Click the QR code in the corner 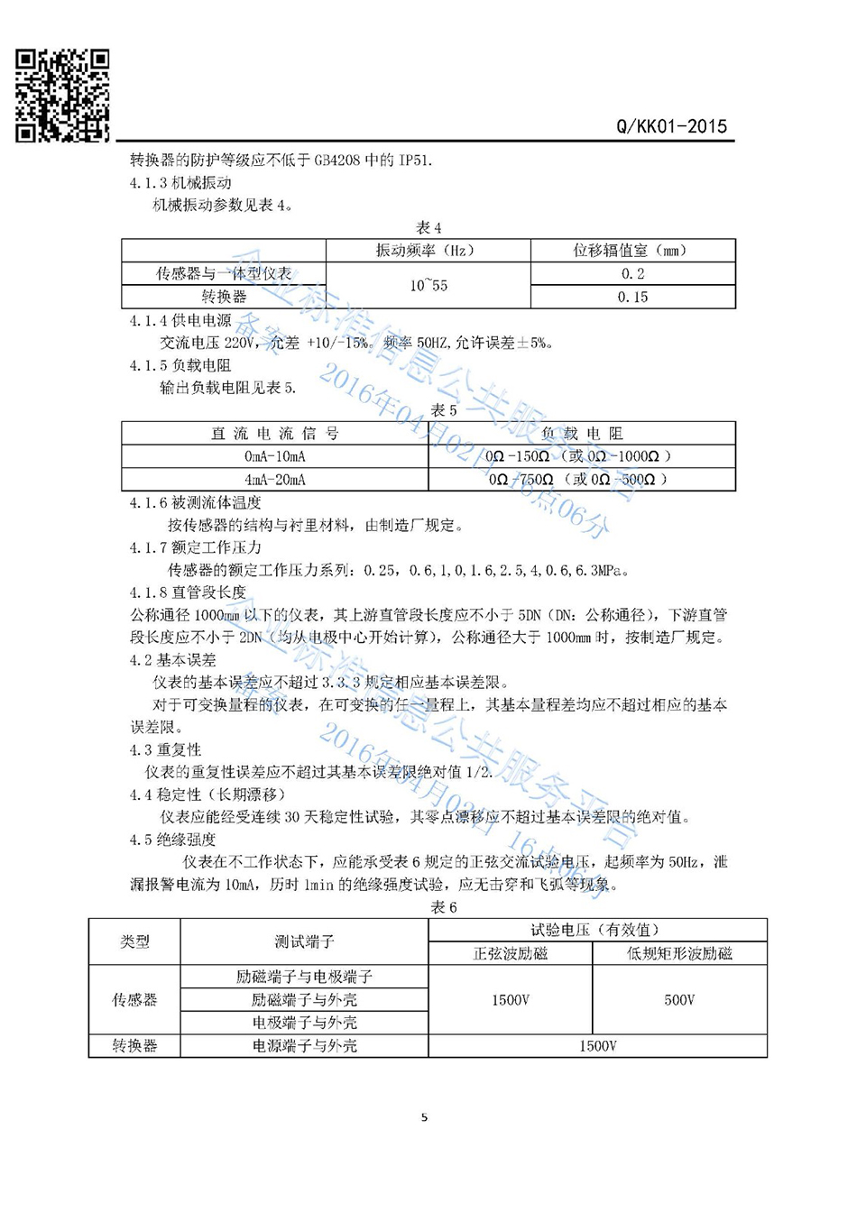point(62,96)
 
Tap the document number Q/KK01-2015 point(671,126)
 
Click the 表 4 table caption point(428,227)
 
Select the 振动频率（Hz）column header point(428,250)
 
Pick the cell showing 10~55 point(428,285)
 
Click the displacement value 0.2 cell point(632,273)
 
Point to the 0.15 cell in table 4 point(632,297)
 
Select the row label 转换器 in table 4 point(224,297)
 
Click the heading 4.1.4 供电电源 point(180,320)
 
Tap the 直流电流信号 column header point(275,434)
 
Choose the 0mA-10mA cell point(275,456)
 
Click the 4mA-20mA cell point(275,480)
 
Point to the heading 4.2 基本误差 point(172,660)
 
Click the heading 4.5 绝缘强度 point(172,840)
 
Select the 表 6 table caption point(443,907)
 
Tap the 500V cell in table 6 point(679,1000)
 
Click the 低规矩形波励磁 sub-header point(679,953)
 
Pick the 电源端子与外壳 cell point(304,1046)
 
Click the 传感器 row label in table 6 point(134,1000)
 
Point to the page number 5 point(424,1117)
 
